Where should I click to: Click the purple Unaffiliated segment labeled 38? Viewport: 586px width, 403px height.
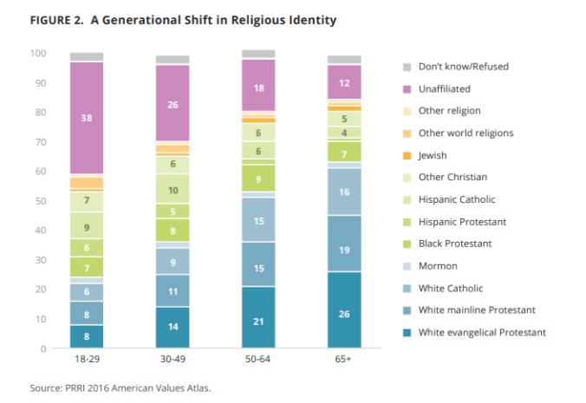pos(87,117)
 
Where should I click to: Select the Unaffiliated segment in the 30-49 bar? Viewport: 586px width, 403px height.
pos(173,103)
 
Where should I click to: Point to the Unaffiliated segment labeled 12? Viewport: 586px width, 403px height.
pos(344,82)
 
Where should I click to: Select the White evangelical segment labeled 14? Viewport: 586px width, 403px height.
pos(173,328)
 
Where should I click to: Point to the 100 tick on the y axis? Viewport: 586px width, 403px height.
pos(37,54)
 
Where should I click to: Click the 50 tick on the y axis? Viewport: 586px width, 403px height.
pos(40,201)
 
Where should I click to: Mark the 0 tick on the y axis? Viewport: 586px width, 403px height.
pos(42,348)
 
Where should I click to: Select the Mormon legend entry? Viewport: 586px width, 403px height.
pos(437,266)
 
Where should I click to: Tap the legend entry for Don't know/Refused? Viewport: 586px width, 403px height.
pos(463,67)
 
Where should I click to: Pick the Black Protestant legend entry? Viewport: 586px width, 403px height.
pos(454,244)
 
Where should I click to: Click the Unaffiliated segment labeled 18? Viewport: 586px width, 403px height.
pos(258,88)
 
